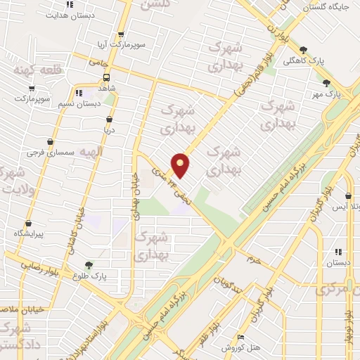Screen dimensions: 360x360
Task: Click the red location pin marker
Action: (x=181, y=165)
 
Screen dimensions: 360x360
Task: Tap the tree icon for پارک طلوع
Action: (x=88, y=265)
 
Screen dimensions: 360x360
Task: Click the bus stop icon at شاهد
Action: (x=106, y=77)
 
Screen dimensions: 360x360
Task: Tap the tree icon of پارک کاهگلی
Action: (x=303, y=49)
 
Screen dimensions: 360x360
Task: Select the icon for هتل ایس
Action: (x=349, y=196)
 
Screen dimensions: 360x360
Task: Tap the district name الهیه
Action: (x=90, y=152)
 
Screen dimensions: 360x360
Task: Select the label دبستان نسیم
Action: (x=81, y=103)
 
